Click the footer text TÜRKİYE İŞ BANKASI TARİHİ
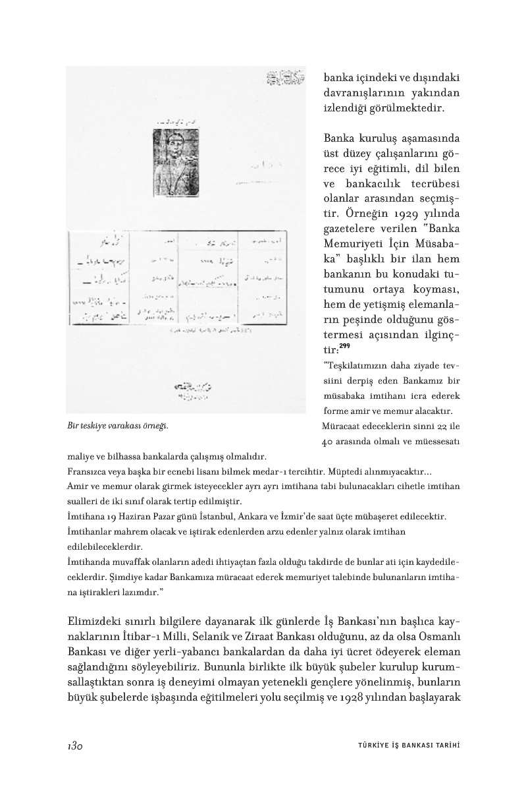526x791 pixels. click(404, 746)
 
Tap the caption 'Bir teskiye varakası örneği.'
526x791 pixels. click(118, 425)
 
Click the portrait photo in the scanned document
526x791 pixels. click(171, 152)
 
